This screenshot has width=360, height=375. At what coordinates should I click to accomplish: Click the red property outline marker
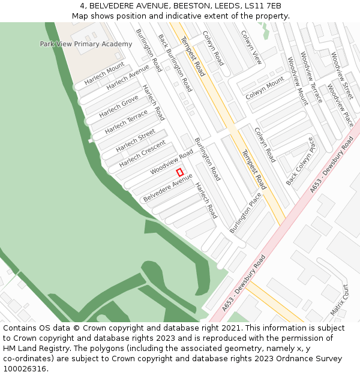[179, 172]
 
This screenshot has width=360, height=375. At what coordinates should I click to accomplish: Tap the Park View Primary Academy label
[86, 44]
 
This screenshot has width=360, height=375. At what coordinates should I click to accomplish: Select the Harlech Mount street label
[104, 73]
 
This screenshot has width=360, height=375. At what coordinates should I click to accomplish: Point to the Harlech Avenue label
[128, 78]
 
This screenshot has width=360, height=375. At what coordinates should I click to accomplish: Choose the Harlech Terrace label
[126, 122]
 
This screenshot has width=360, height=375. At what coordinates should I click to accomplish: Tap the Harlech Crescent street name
[142, 154]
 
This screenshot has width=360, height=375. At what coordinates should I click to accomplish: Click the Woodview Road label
[172, 162]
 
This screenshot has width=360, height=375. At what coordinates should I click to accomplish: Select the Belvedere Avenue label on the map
[168, 188]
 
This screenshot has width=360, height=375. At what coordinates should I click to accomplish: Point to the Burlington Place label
[245, 212]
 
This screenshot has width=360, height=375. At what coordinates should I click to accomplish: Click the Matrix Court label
[339, 300]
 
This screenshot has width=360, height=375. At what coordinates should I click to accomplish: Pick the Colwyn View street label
[251, 47]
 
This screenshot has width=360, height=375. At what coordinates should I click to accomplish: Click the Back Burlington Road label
[175, 62]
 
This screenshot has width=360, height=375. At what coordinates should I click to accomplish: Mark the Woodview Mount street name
[297, 81]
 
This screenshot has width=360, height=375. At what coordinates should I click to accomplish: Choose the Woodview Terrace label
[311, 77]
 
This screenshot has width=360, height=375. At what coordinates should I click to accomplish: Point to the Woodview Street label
[342, 76]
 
